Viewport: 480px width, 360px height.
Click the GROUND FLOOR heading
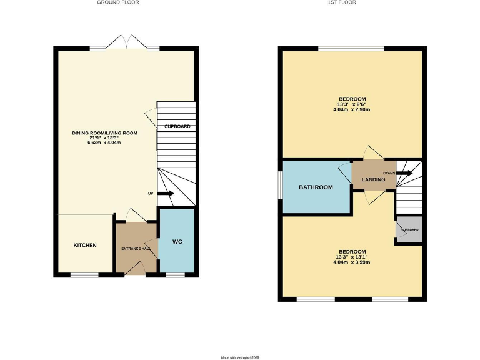pyautogui.click(x=117, y=2)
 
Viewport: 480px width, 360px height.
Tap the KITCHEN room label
pyautogui.click(x=85, y=245)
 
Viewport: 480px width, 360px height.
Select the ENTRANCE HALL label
pyautogui.click(x=136, y=249)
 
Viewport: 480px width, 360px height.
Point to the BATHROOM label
pyautogui.click(x=316, y=187)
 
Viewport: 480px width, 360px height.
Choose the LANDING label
pyautogui.click(x=373, y=180)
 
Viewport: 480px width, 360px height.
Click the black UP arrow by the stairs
pyautogui.click(x=166, y=194)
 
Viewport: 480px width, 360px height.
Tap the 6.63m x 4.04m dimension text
pyautogui.click(x=106, y=142)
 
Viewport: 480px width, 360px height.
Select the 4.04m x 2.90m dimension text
pyautogui.click(x=352, y=109)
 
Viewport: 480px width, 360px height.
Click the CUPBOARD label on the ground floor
pyautogui.click(x=177, y=126)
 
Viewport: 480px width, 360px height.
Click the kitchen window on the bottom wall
pyautogui.click(x=84, y=275)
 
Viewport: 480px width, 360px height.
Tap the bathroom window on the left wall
pyautogui.click(x=280, y=187)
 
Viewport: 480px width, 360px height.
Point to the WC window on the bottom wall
pyautogui.click(x=176, y=275)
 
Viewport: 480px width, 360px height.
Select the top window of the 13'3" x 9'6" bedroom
pyautogui.click(x=351, y=48)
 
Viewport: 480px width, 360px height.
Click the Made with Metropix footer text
pyautogui.click(x=240, y=357)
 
